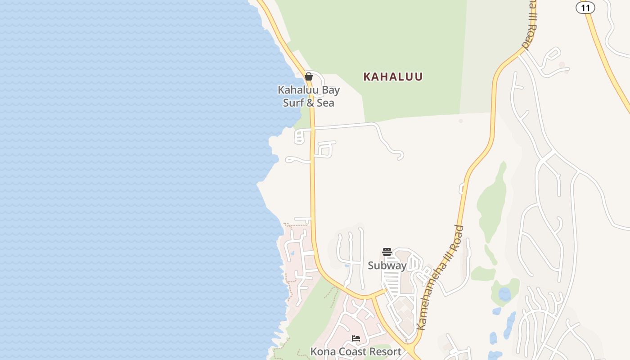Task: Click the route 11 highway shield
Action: coord(585,8)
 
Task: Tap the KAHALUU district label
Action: coord(393,77)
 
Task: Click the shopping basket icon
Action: coord(309,76)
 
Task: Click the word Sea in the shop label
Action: coord(325,103)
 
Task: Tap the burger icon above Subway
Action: coord(387,252)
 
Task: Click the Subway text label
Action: coord(387,265)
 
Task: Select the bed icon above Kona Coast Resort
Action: coord(356,338)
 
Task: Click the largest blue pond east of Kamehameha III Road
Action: coord(505,294)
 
